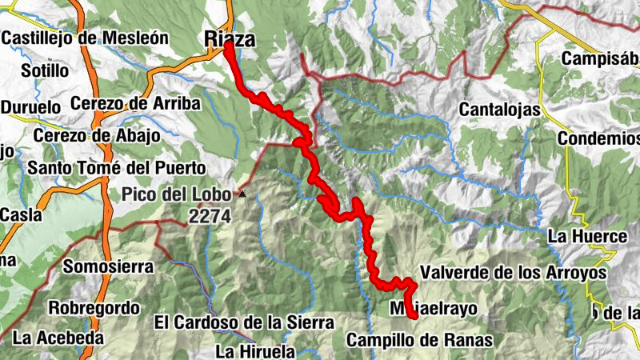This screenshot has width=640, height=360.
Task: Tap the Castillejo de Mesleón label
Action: pyautogui.click(x=85, y=37)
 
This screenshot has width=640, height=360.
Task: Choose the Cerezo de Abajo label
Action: pyautogui.click(x=97, y=135)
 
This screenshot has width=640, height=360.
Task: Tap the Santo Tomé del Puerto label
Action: pyautogui.click(x=116, y=168)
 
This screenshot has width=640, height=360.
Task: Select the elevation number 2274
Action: pyautogui.click(x=210, y=216)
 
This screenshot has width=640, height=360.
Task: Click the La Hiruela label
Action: pyautogui.click(x=255, y=350)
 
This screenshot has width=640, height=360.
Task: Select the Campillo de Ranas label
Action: pyautogui.click(x=419, y=340)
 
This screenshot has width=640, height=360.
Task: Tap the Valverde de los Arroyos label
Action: pyautogui.click(x=513, y=273)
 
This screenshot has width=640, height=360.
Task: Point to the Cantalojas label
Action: pyautogui.click(x=500, y=110)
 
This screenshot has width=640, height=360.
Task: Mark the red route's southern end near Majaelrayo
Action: pyautogui.click(x=414, y=316)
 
